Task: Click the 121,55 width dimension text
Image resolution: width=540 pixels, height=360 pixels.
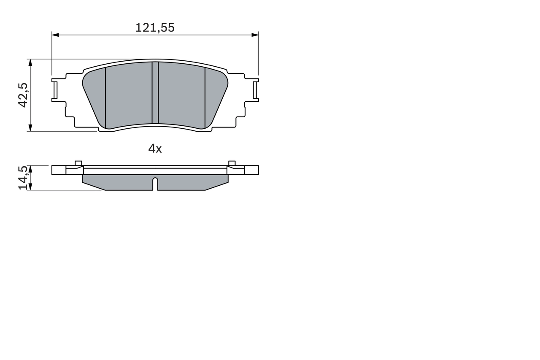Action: (155, 28)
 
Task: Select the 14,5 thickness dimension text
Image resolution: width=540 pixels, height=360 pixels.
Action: (23, 178)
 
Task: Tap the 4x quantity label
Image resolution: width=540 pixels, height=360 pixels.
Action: (155, 149)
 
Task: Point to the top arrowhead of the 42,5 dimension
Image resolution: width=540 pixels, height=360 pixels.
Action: (30, 62)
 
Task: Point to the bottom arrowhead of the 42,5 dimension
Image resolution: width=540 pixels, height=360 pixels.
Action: (30, 128)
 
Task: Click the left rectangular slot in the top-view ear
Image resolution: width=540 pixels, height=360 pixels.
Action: (54, 89)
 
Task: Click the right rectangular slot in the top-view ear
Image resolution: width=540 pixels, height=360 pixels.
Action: (255, 89)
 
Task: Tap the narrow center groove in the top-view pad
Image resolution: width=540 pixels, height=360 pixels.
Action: (155, 93)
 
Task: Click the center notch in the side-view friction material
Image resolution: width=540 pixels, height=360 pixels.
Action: (155, 184)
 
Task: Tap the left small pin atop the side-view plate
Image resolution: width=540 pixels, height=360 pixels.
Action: (78, 163)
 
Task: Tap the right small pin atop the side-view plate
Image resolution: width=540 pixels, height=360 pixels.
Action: (232, 163)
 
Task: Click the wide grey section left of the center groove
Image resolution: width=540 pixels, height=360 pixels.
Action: (128, 95)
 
